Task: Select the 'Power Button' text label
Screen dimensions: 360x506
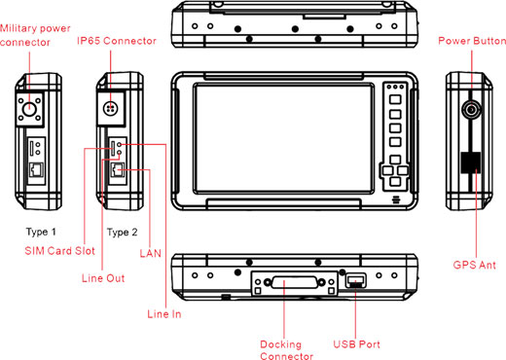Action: [x=471, y=42]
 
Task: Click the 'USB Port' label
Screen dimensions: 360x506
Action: [x=355, y=343]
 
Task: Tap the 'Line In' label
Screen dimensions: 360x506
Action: [x=163, y=313]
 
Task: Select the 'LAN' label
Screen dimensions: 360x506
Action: [x=149, y=253]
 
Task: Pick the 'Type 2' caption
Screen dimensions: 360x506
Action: [x=123, y=233]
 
